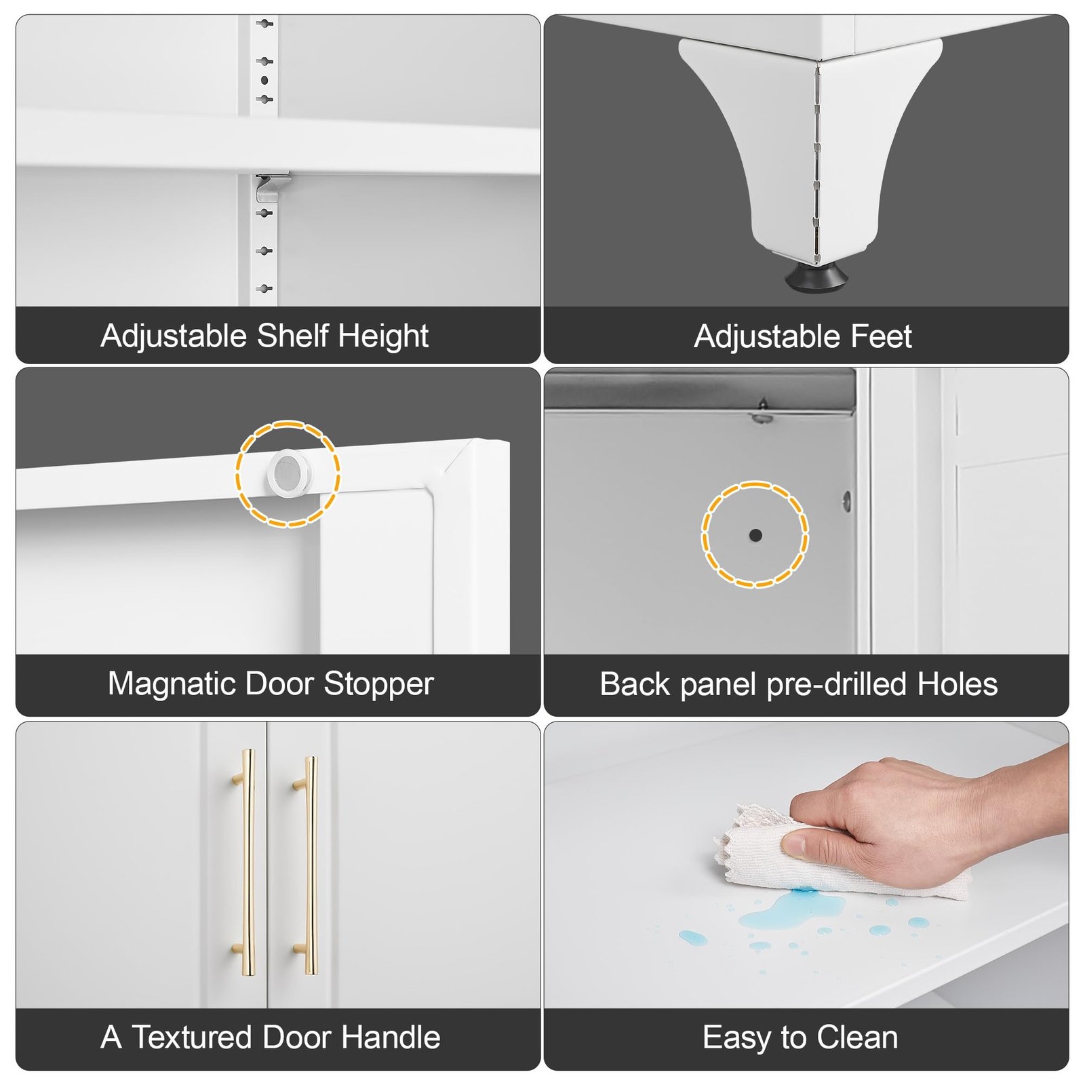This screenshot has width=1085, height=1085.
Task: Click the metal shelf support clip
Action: point(273,187)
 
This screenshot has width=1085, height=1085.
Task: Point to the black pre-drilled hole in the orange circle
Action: point(755,535)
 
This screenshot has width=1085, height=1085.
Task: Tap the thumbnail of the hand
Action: point(793,844)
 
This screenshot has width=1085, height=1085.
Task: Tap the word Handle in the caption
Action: point(391,1038)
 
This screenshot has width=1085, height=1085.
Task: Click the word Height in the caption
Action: point(383,337)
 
